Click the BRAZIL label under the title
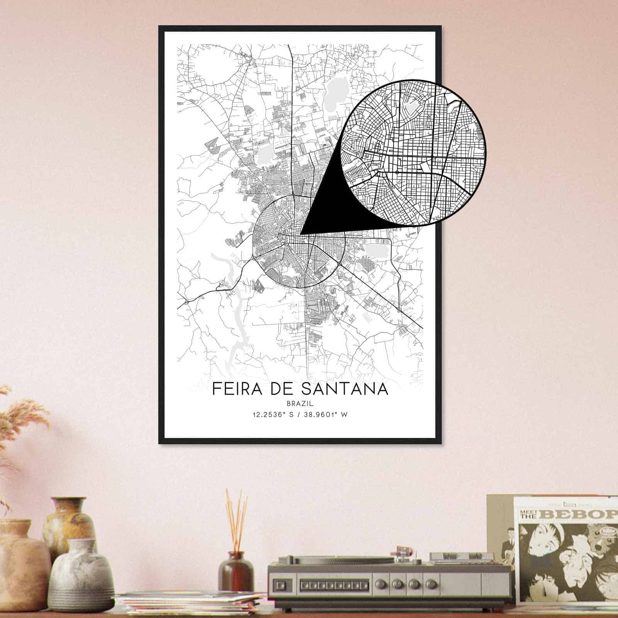click(x=300, y=404)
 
